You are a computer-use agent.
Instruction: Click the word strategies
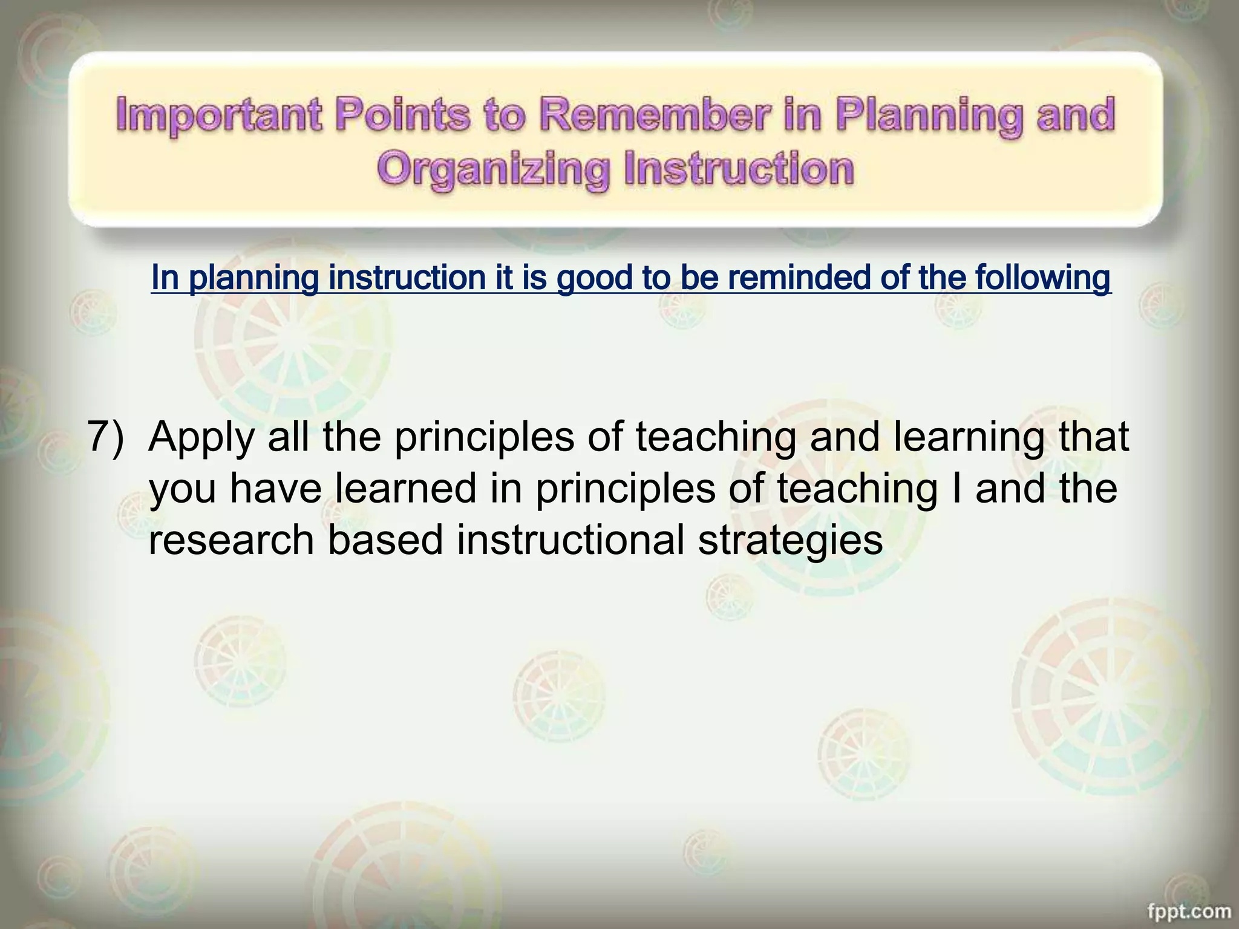tap(790, 541)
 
